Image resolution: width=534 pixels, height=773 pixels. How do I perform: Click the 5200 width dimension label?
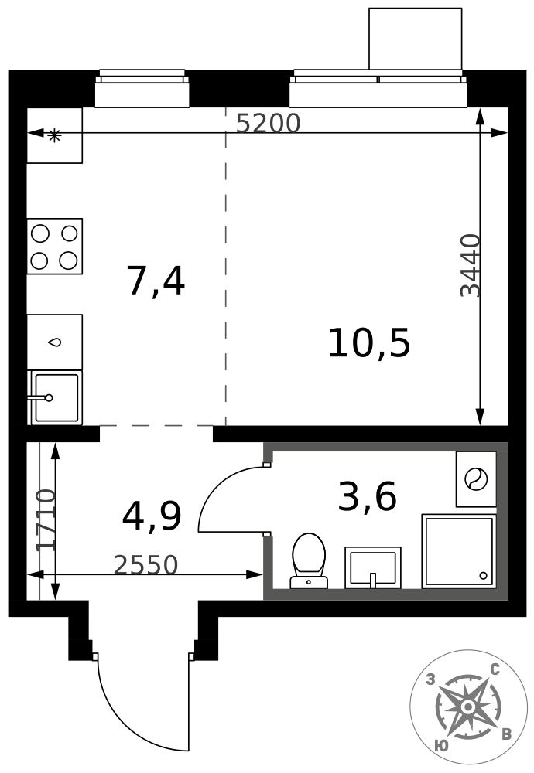click(268, 123)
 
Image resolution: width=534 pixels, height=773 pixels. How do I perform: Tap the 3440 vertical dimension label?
click(470, 265)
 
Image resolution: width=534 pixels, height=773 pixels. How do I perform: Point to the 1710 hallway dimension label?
click(46, 520)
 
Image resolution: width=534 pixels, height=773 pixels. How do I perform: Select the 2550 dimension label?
click(145, 565)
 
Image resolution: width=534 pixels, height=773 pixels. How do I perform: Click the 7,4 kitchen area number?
click(156, 281)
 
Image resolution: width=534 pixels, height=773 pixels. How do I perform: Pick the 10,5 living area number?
click(368, 344)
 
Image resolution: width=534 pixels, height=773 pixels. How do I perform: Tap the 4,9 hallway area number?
click(152, 516)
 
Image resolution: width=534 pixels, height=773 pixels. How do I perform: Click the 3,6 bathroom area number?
click(367, 496)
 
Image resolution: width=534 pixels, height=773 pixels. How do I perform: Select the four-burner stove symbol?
click(54, 246)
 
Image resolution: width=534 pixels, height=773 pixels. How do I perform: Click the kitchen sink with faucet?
click(55, 397)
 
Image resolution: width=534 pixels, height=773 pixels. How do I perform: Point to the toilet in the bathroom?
click(309, 560)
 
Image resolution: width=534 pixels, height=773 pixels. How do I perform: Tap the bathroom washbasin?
click(372, 567)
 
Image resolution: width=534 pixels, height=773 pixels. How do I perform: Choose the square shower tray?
click(458, 551)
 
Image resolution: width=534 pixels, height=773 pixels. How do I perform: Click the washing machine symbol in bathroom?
click(476, 478)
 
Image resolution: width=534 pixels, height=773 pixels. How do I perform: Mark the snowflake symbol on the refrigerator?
click(53, 135)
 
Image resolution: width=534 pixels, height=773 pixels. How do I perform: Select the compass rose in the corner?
click(467, 708)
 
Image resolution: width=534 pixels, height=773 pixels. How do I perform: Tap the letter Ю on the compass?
click(442, 746)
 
